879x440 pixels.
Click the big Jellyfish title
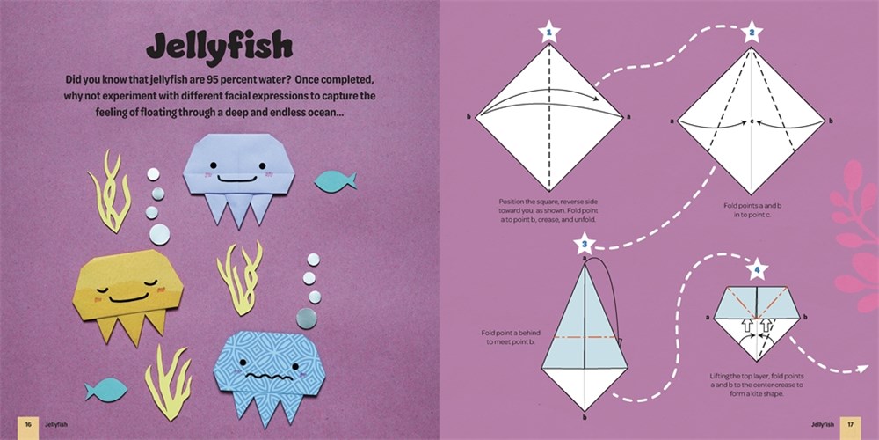point(219,48)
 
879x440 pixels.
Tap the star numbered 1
point(549,33)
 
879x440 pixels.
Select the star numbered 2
point(752,33)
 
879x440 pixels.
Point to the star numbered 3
point(585,244)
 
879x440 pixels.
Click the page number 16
point(27,425)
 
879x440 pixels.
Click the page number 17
point(850,425)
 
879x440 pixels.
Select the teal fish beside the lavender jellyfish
point(335,181)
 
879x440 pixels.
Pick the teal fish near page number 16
point(106,390)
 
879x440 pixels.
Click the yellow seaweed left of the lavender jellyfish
point(110,191)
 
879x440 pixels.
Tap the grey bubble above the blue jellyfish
point(307,319)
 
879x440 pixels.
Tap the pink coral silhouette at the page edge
point(855,236)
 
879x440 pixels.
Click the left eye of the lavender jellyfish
point(213,165)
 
